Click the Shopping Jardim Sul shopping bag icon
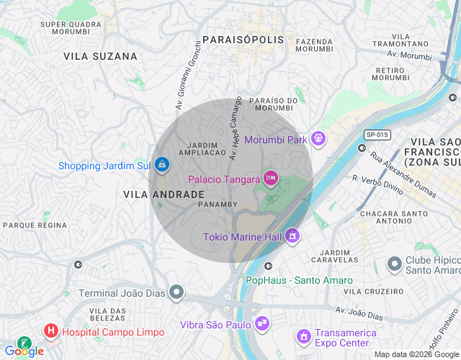click(163, 166)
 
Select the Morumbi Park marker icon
click(318, 139)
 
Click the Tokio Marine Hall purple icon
click(292, 236)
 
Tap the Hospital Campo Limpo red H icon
click(51, 331)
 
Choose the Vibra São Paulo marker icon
click(263, 324)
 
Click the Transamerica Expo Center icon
click(304, 336)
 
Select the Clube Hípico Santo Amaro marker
click(394, 264)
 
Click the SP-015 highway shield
click(376, 135)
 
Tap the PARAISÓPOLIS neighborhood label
click(243, 40)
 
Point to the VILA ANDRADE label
click(164, 194)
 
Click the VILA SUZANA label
click(100, 55)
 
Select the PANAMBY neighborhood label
click(218, 204)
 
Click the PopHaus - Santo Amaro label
click(299, 280)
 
